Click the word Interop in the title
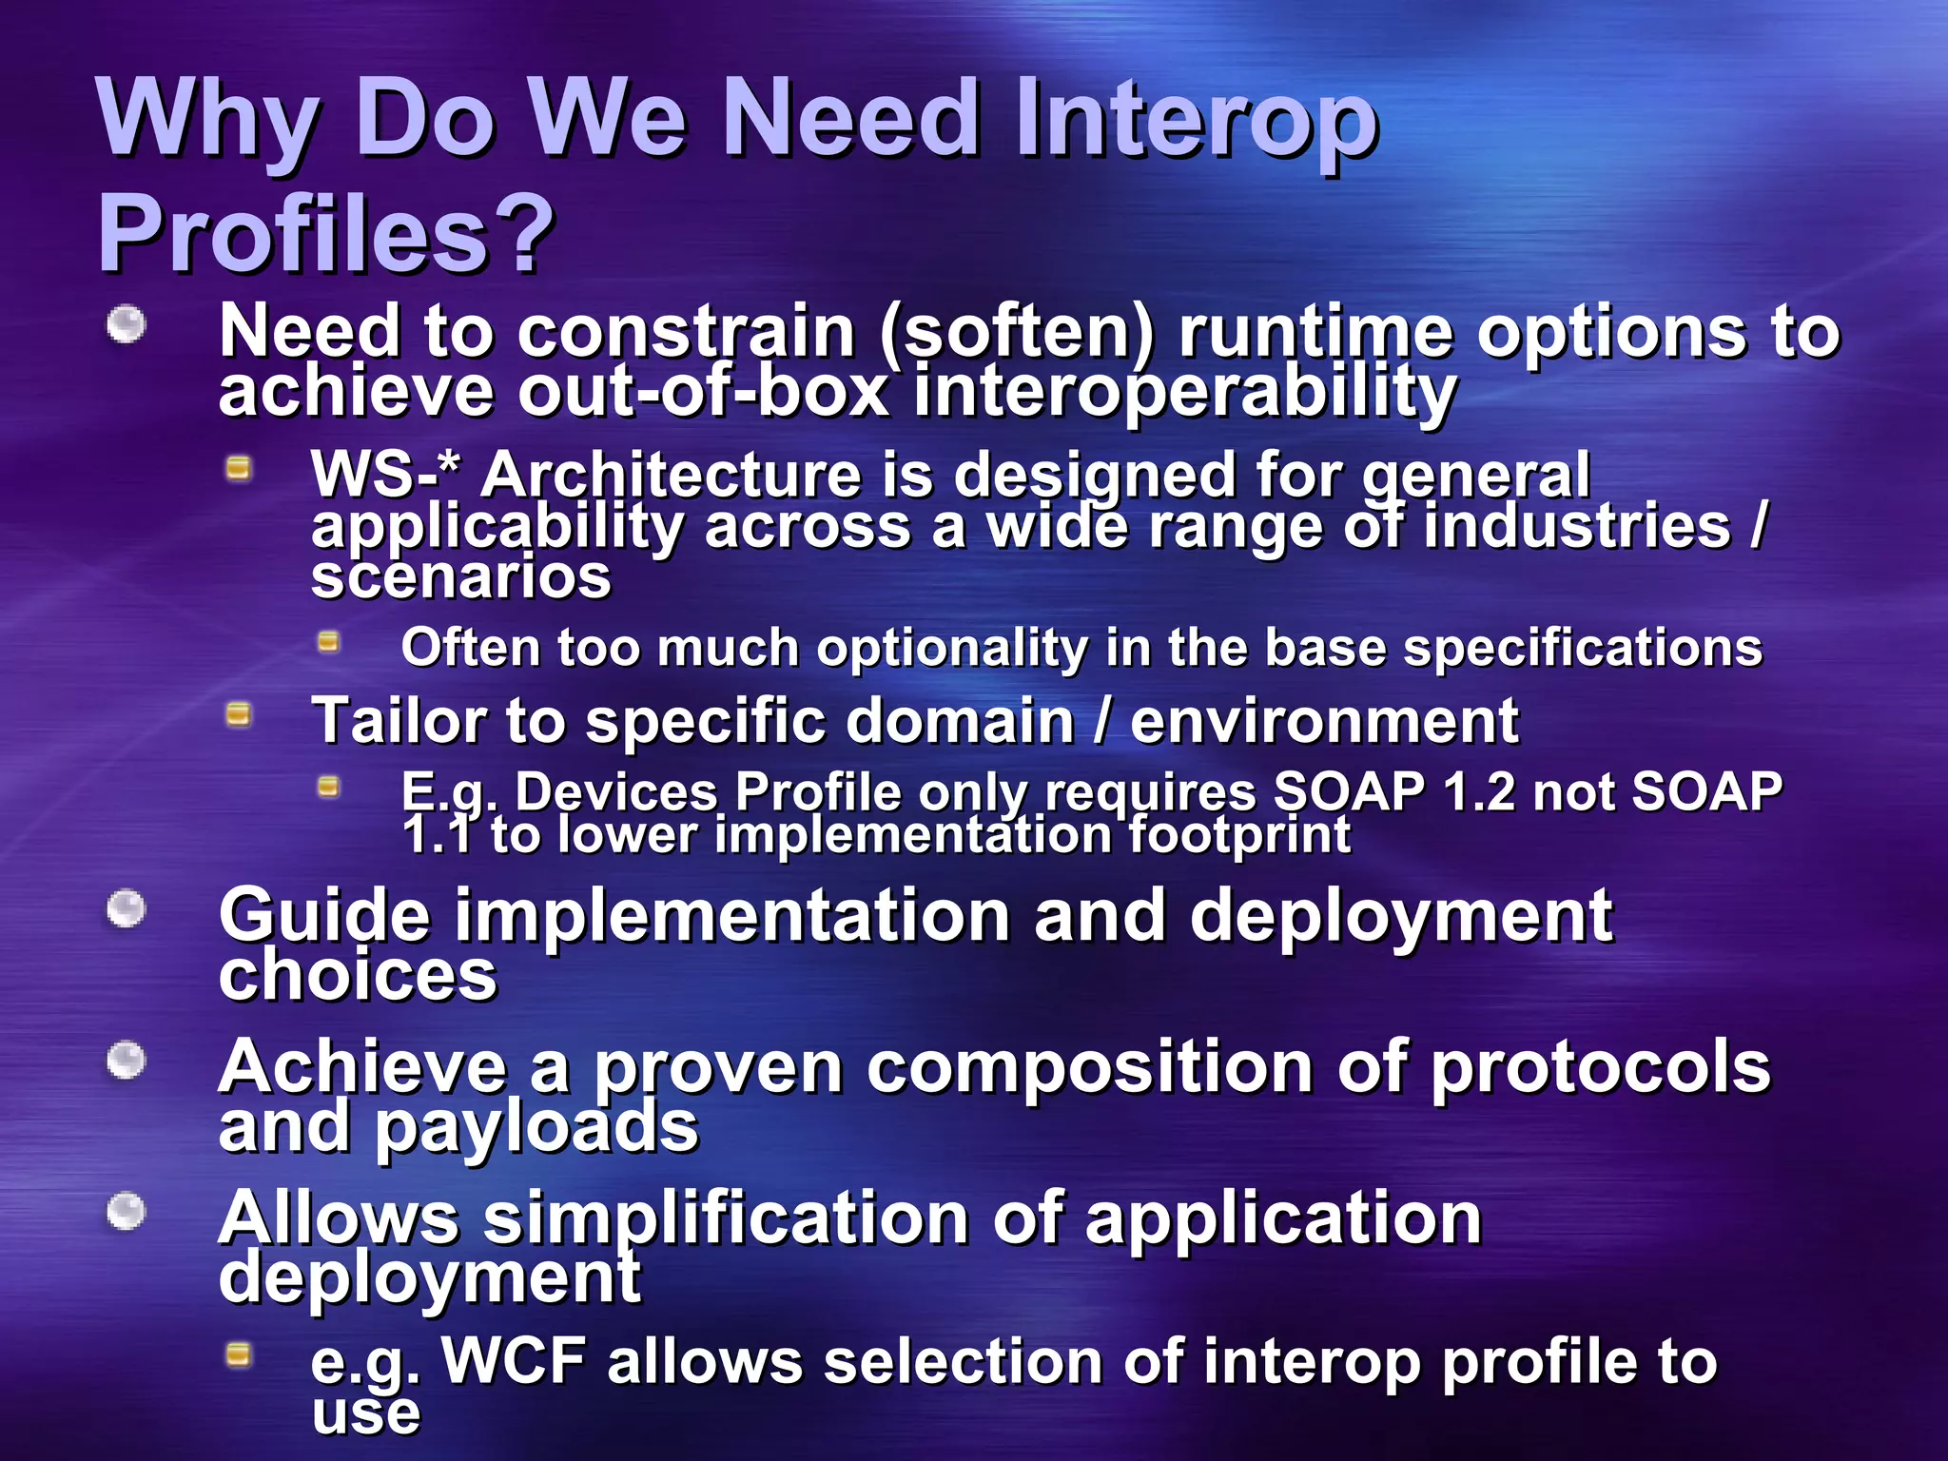point(1197,120)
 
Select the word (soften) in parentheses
point(1017,332)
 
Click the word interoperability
point(1184,392)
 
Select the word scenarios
point(461,576)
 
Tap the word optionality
point(951,649)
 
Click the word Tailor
point(399,720)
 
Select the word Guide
point(324,915)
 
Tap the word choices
point(358,976)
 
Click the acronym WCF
point(514,1361)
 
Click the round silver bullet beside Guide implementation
point(126,908)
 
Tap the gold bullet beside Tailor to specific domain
point(239,714)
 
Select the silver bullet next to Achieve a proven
point(126,1061)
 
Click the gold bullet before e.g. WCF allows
point(239,1354)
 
